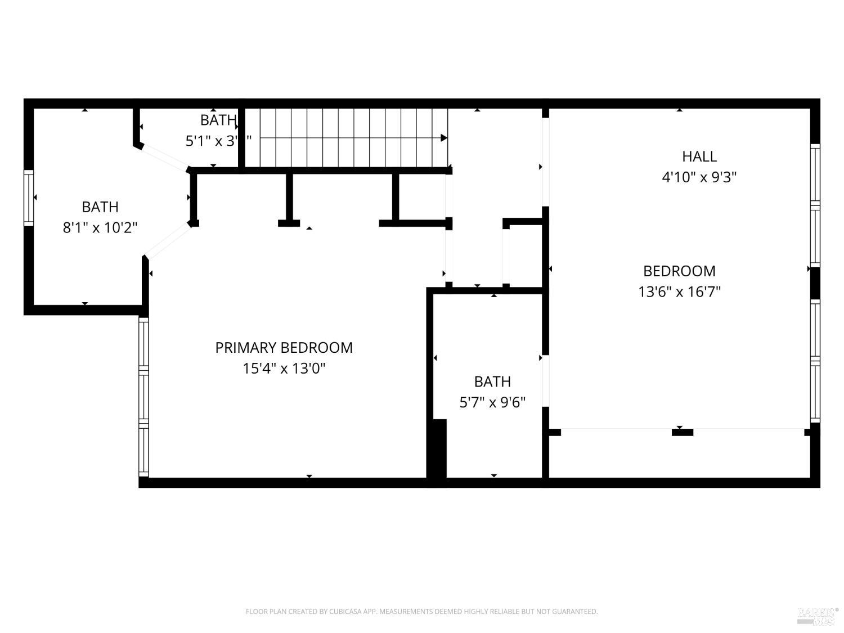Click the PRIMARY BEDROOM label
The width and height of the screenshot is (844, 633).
click(284, 348)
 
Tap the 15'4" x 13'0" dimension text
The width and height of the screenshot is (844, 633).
click(284, 369)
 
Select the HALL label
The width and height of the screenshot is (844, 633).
click(699, 156)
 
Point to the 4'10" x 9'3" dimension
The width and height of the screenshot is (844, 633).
click(699, 177)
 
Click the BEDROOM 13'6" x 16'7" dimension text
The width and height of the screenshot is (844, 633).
click(679, 292)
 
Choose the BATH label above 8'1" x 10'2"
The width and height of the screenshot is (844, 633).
click(100, 207)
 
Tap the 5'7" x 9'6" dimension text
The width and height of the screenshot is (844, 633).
click(492, 402)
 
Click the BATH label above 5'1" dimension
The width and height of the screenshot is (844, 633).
click(218, 120)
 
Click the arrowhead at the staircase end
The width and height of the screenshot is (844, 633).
click(443, 138)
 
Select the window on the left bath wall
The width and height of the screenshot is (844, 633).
click(29, 197)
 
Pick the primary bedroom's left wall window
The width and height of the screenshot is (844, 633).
click(144, 397)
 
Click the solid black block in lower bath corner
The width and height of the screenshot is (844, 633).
click(437, 448)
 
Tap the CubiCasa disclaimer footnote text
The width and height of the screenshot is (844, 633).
click(421, 612)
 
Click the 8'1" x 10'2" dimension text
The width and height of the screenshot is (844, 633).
click(100, 228)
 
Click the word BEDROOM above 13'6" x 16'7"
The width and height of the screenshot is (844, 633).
click(679, 271)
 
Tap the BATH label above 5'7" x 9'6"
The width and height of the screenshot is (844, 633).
click(492, 381)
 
